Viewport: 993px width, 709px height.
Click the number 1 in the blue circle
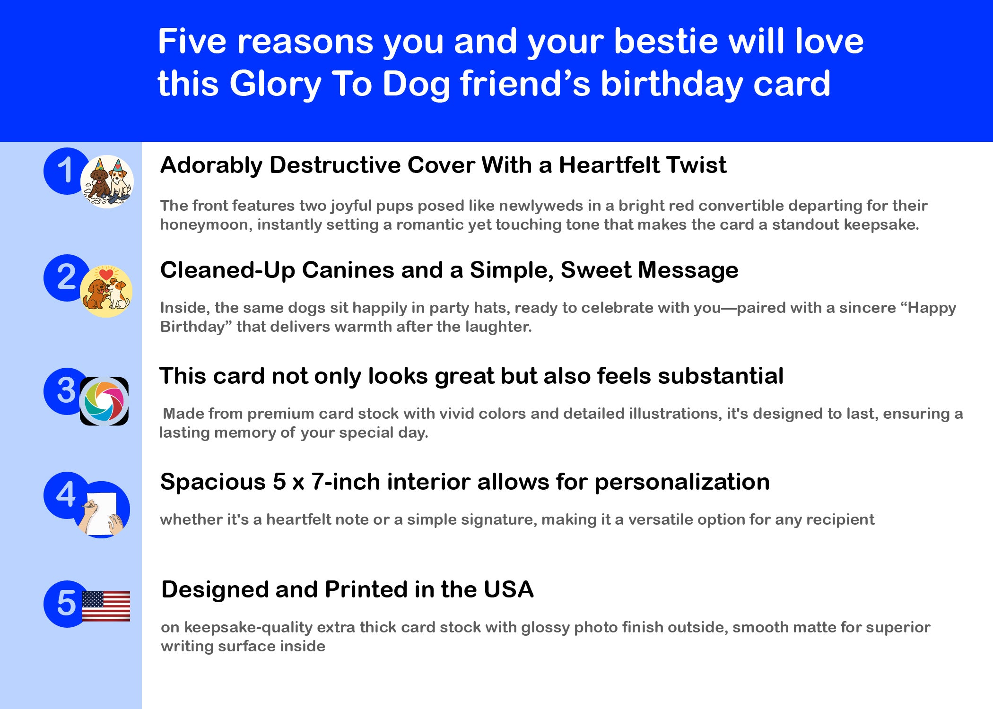[x=65, y=170]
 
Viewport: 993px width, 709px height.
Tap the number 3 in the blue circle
[x=66, y=390]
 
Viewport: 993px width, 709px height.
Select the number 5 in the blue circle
[x=66, y=603]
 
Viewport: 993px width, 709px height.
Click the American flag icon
[x=106, y=606]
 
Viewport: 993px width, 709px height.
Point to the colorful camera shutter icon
[x=104, y=401]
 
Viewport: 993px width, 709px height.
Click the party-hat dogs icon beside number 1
[x=107, y=182]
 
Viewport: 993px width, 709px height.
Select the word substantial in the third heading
[x=721, y=376]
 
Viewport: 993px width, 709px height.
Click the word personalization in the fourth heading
[x=682, y=483]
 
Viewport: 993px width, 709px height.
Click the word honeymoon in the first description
[x=205, y=225]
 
